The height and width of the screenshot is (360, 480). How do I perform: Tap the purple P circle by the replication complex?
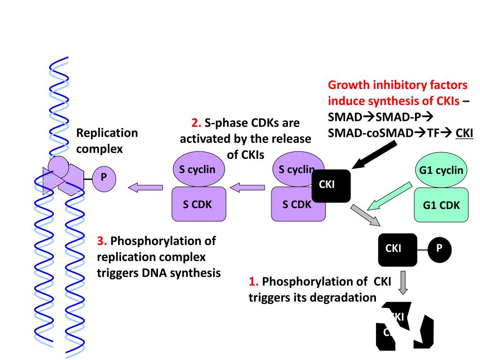(104, 179)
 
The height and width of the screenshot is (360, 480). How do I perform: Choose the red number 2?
(196, 124)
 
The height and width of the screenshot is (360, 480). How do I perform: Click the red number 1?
(254, 282)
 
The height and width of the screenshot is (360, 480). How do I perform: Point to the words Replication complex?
(107, 141)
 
